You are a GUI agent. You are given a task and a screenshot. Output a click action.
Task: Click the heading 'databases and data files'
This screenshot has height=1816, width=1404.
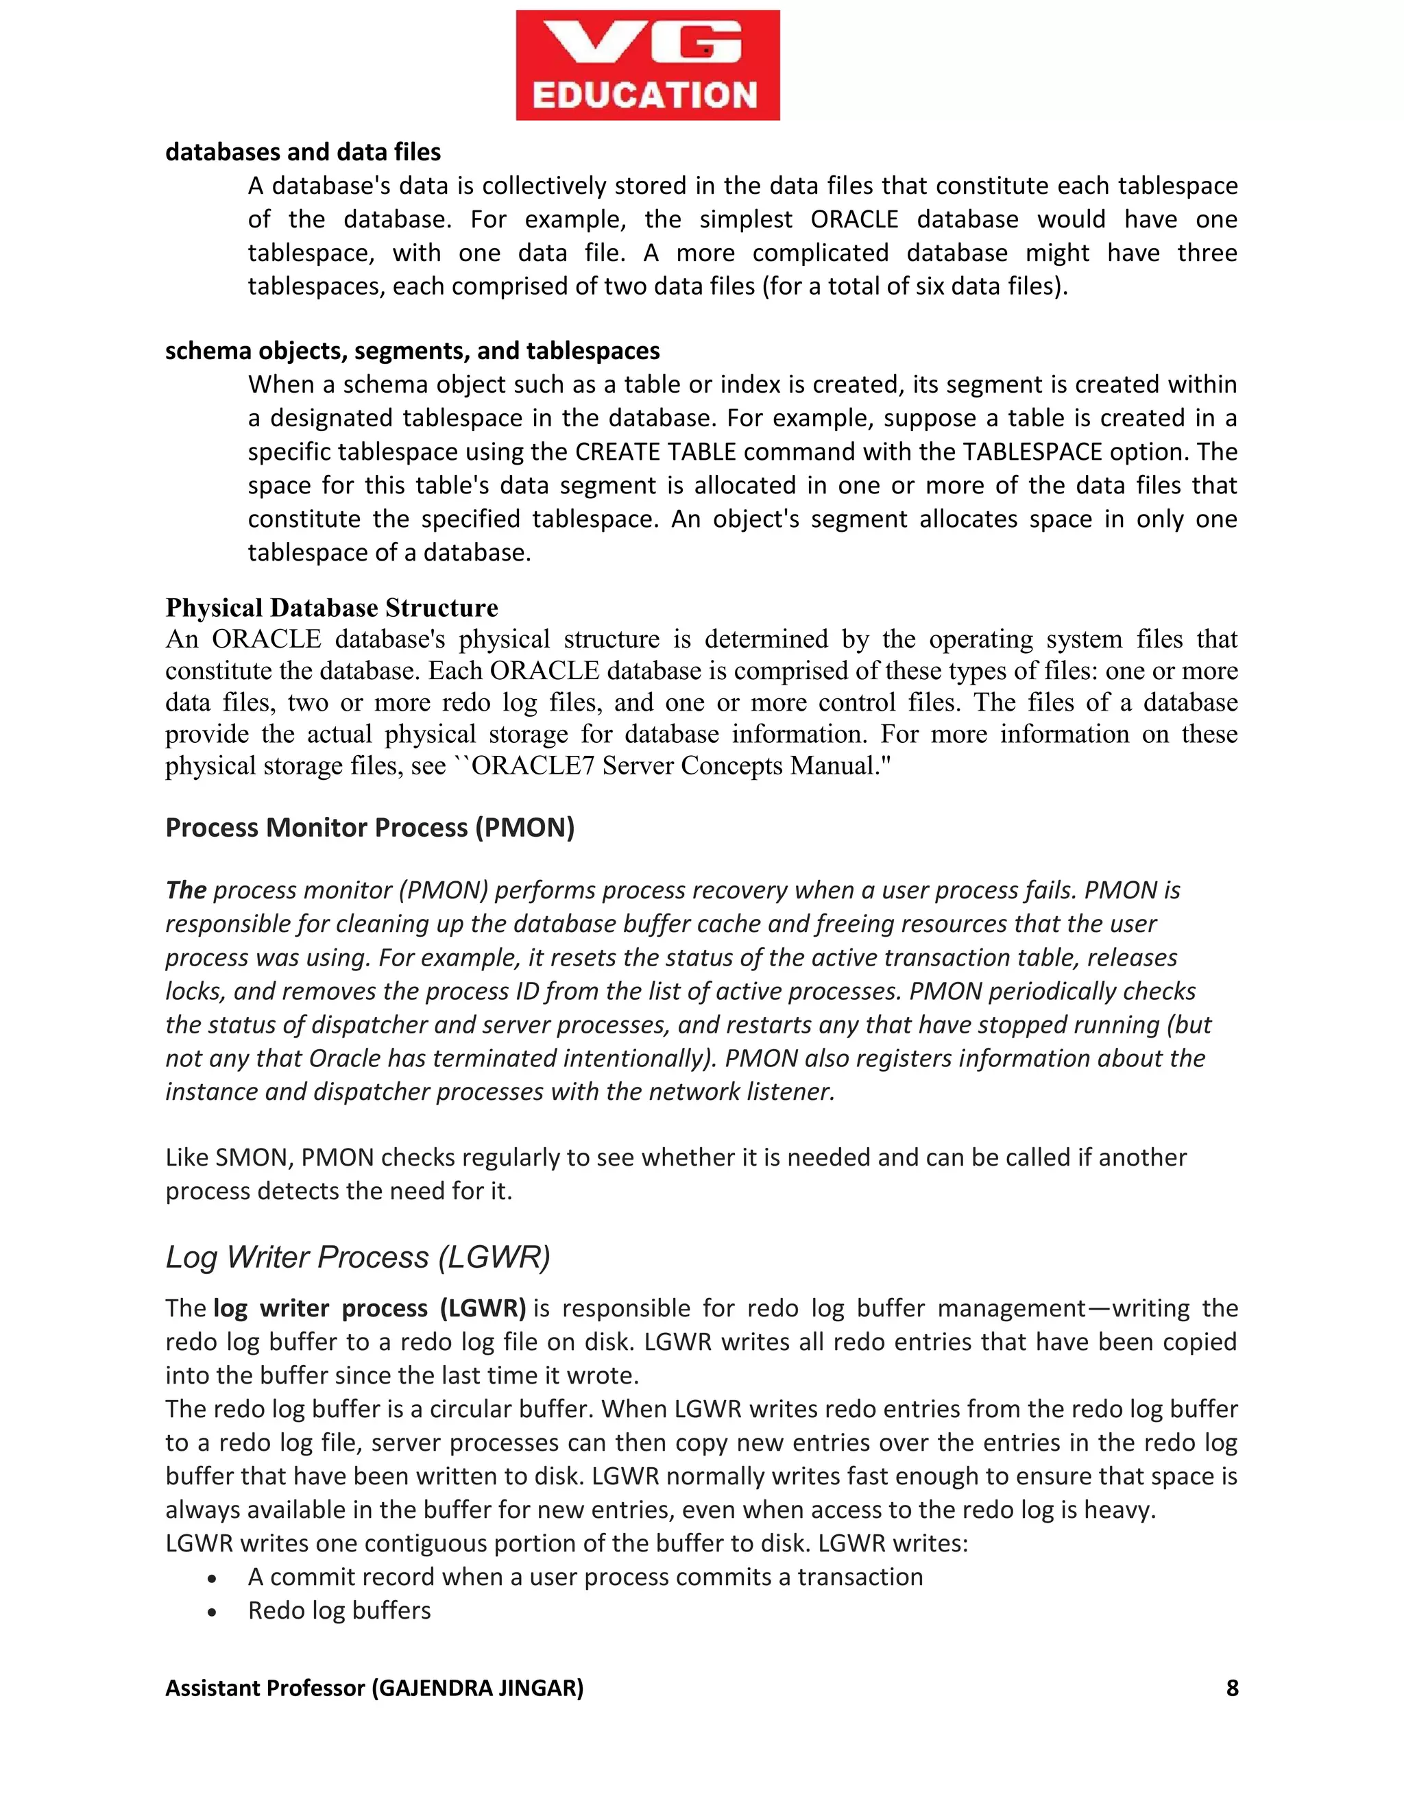tap(303, 152)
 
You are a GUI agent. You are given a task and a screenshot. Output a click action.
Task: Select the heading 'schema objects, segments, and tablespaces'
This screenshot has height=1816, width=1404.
tap(412, 351)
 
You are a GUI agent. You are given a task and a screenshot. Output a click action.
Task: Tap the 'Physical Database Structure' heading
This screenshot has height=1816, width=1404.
tap(331, 608)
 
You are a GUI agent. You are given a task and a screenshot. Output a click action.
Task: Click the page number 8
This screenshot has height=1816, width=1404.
tap(1232, 1687)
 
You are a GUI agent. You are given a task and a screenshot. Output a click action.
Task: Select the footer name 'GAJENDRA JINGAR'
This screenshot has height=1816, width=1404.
tap(477, 1687)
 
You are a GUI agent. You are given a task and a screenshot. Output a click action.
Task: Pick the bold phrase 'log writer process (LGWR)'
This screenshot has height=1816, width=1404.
tap(370, 1308)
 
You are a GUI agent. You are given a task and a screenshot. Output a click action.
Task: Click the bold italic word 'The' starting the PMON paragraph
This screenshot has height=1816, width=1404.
tap(186, 891)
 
